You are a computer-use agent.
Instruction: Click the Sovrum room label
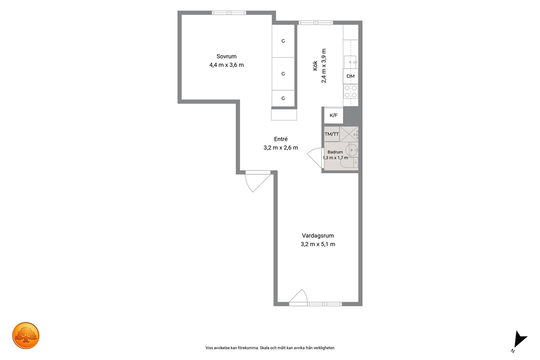pos(226,56)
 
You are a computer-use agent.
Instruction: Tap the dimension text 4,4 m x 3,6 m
pos(226,65)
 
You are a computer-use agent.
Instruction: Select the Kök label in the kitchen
pos(315,65)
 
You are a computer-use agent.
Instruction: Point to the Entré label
pos(281,139)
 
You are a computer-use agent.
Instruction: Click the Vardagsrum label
pos(318,236)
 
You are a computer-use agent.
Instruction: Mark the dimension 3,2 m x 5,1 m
pos(318,244)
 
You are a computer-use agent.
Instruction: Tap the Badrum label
pos(335,152)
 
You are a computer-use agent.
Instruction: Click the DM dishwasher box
pos(351,76)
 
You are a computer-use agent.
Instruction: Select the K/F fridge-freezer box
pos(333,115)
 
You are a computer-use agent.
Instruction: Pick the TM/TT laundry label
pos(332,134)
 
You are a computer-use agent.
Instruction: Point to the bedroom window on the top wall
pos(229,13)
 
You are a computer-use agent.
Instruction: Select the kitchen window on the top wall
pos(316,23)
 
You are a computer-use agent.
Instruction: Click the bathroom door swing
pos(315,158)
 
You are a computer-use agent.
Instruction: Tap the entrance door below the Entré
pos(257,181)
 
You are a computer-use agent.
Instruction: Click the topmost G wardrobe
pos(284,41)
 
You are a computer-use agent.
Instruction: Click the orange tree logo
pos(26,335)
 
